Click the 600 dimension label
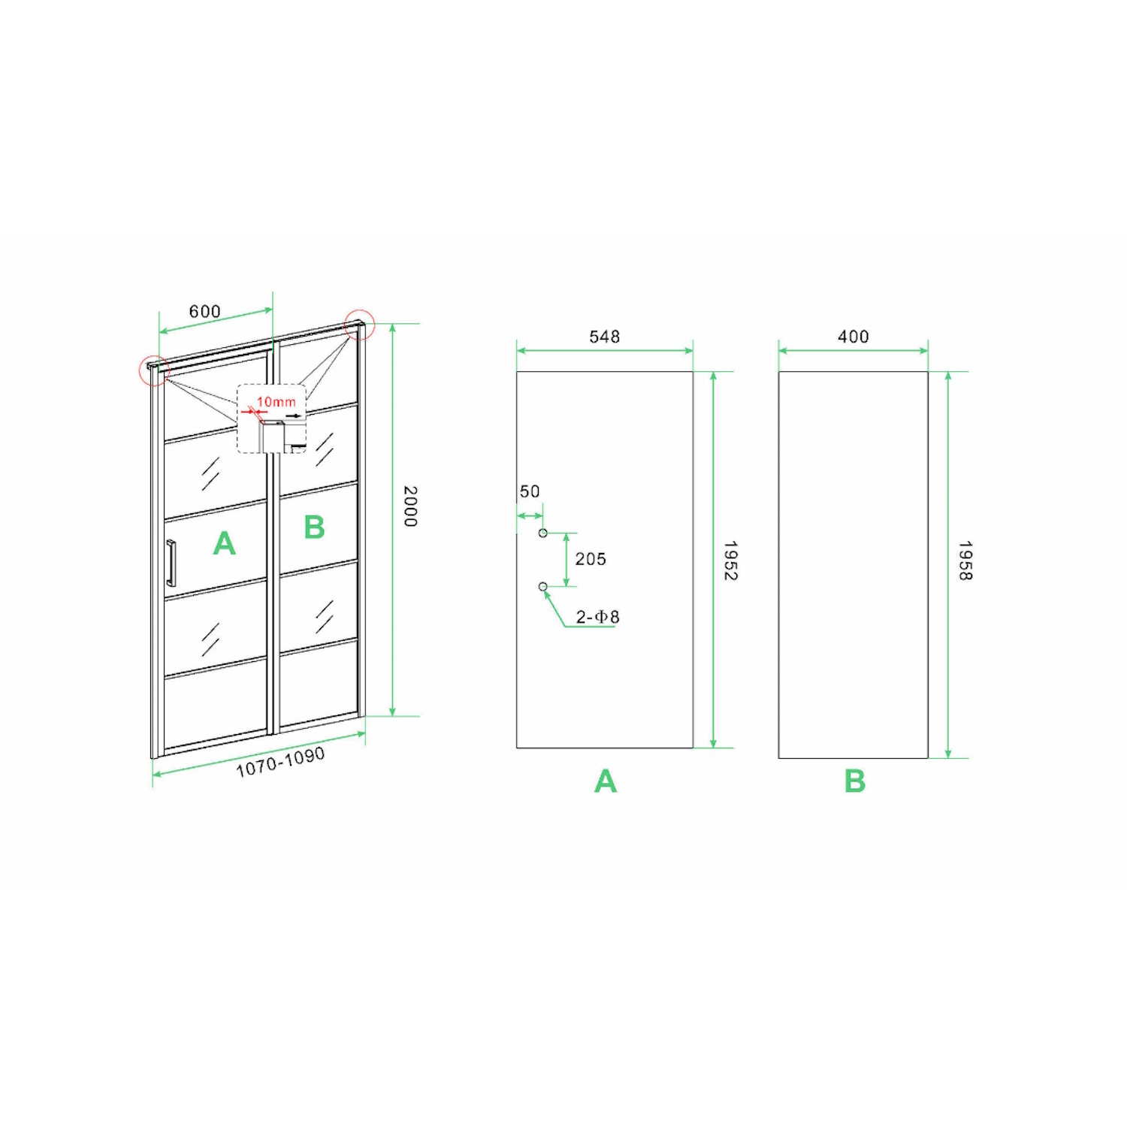(204, 311)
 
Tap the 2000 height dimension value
(410, 506)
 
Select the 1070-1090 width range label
(280, 762)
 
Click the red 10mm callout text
(276, 402)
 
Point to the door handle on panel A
(171, 563)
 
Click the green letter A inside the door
(224, 543)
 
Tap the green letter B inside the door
(314, 527)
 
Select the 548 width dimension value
(604, 337)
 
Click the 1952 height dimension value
(730, 560)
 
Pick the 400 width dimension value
(853, 337)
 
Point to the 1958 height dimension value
(965, 560)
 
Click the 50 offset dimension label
(530, 491)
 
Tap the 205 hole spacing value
(591, 559)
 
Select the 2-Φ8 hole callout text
(597, 617)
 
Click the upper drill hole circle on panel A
(543, 533)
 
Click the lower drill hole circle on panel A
(543, 587)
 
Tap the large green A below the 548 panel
(606, 781)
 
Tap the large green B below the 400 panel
(855, 781)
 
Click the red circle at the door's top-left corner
(140, 370)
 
